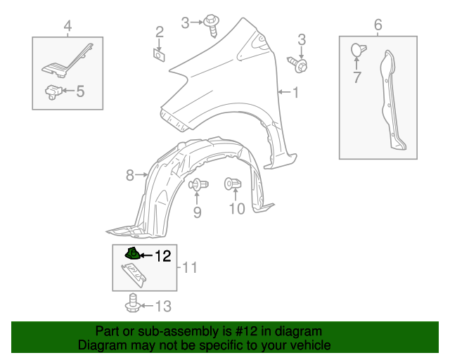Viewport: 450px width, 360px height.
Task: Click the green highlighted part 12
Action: pyautogui.click(x=131, y=255)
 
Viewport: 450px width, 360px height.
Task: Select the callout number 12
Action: pyautogui.click(x=162, y=257)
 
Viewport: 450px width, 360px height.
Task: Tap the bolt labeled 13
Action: pyautogui.click(x=131, y=306)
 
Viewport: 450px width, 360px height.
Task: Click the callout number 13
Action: pyautogui.click(x=162, y=306)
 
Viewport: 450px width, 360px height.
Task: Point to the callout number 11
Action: pyautogui.click(x=190, y=268)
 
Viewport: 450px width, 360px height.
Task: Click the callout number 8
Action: pyautogui.click(x=130, y=175)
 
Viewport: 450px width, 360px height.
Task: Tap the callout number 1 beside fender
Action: pyautogui.click(x=295, y=92)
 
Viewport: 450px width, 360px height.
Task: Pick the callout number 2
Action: pyautogui.click(x=160, y=32)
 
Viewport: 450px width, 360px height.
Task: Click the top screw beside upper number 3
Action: pyautogui.click(x=211, y=23)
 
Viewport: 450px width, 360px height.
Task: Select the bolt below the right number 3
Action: pyautogui.click(x=300, y=65)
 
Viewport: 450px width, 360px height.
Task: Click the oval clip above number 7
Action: pyautogui.click(x=356, y=50)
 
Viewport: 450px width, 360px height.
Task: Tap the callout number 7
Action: pyautogui.click(x=356, y=77)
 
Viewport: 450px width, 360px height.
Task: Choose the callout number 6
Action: pyautogui.click(x=378, y=26)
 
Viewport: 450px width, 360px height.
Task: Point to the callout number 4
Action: pyautogui.click(x=67, y=27)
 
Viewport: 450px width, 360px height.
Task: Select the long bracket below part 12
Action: pyautogui.click(x=137, y=274)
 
